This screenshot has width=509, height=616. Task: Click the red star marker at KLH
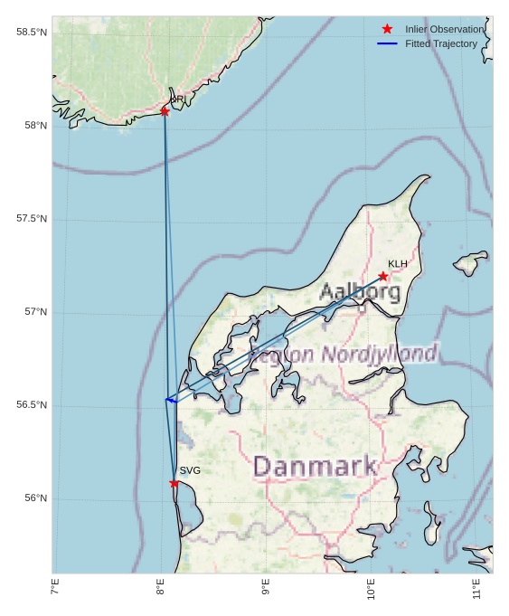383,276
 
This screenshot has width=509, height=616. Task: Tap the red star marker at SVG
174,483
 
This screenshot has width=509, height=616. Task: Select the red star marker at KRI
165,111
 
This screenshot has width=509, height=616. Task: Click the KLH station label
398,264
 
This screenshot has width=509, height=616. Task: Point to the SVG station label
190,470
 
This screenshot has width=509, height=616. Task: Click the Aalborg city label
360,292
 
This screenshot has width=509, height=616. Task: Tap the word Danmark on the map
315,467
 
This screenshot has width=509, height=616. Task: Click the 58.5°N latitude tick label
31,33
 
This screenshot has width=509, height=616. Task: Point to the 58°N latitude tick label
35,126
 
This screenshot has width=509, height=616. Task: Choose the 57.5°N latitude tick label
31,219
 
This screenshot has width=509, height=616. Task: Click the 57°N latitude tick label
35,312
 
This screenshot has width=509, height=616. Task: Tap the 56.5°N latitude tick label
31,405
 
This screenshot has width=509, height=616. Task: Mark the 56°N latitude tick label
35,498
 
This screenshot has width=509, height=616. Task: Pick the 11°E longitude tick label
476,590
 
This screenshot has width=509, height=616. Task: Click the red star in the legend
387,29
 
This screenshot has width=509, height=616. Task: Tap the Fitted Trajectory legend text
440,43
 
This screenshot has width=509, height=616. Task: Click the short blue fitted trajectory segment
170,400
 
